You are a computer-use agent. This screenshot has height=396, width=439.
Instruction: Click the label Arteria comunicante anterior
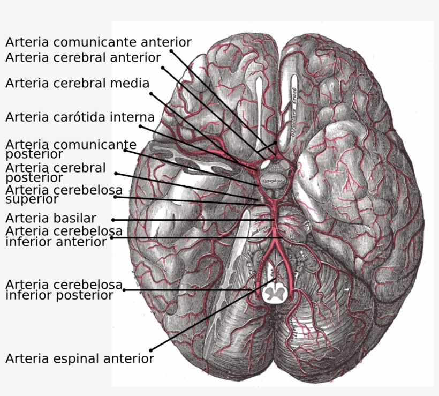98,42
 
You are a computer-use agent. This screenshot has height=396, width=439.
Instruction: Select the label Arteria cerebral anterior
83,57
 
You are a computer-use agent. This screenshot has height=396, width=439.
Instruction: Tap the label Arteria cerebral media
77,84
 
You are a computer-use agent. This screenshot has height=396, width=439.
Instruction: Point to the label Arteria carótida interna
80,117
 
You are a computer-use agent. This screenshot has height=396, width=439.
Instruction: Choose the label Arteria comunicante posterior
71,150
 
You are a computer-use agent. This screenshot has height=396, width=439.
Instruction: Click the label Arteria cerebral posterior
56,173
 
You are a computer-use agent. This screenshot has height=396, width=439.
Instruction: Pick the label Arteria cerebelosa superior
64,194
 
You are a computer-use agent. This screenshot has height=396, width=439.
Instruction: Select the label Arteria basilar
51,219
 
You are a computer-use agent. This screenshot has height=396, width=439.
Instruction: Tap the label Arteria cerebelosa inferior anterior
64,236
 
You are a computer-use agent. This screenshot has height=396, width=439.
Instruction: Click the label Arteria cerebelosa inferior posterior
64,289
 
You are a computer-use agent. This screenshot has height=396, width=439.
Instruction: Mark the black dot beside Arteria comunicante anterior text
171,51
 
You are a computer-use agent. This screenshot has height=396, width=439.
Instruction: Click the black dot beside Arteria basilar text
113,220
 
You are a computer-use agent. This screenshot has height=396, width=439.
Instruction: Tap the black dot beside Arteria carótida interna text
140,126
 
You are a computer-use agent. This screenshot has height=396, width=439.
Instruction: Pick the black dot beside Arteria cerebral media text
151,93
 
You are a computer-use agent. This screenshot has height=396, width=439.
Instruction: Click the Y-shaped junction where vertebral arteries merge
275,240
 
